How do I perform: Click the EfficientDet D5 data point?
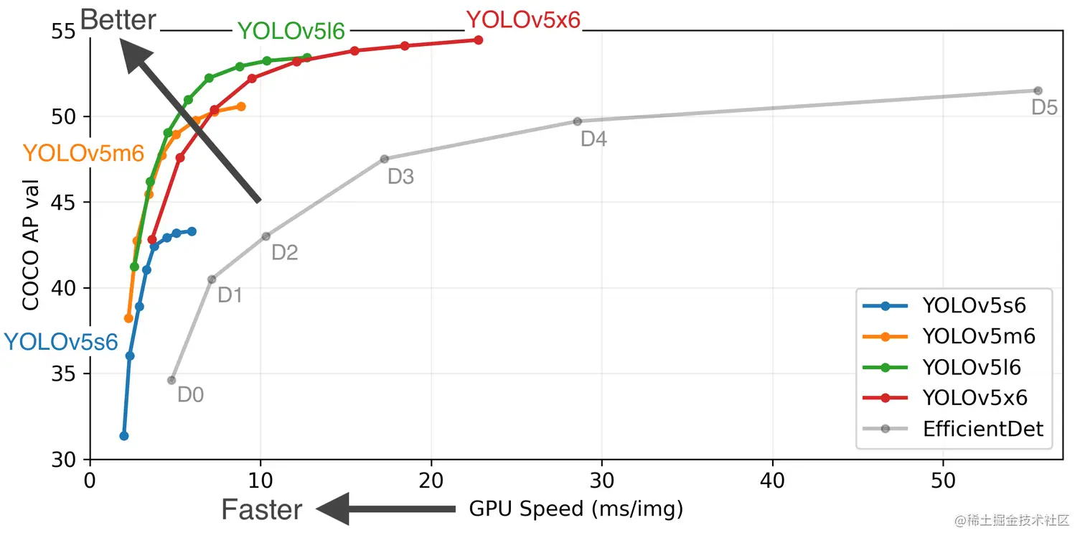point(1038,90)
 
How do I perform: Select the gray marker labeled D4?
point(578,121)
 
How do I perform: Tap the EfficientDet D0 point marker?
point(172,380)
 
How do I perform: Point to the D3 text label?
point(400,177)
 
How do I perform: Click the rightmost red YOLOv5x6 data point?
point(479,40)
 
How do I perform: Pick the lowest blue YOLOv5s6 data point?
point(124,436)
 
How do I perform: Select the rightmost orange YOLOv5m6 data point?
point(241,106)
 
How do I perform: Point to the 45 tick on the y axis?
point(73,203)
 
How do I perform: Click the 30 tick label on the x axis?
point(601,478)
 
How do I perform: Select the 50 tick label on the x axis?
point(942,478)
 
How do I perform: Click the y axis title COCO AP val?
point(31,244)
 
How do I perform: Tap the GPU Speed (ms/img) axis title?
point(576,509)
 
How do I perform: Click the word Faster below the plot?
point(261,509)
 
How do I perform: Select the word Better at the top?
point(118,19)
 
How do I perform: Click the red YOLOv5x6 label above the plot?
point(523,20)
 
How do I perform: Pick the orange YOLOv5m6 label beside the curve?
point(83,153)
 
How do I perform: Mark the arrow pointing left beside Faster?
point(386,509)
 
